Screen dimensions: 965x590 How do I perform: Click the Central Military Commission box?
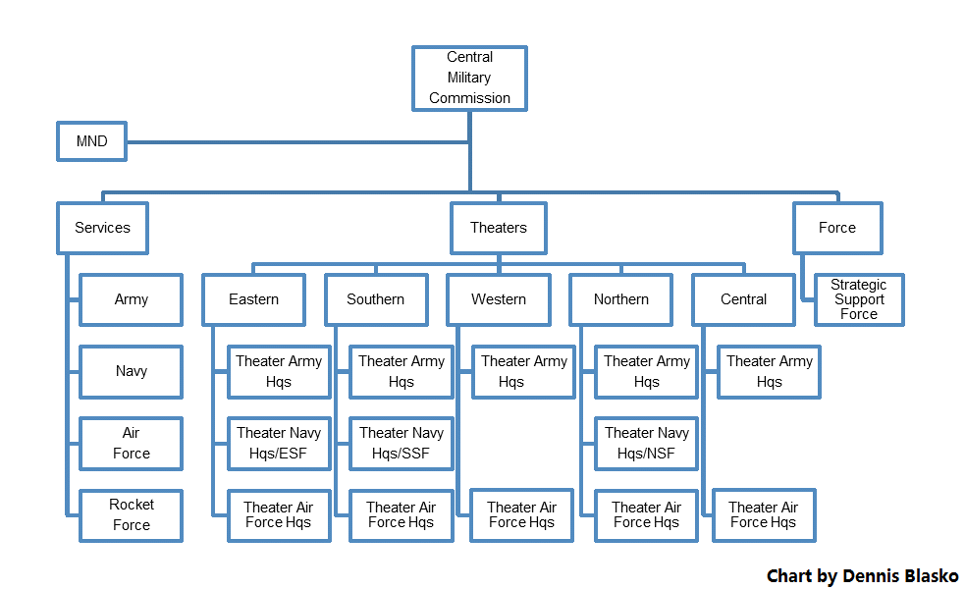point(469,79)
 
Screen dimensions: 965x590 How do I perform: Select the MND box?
point(91,141)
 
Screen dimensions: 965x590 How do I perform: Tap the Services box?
point(103,228)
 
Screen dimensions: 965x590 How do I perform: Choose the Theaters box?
point(499,228)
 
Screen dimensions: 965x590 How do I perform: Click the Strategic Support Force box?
point(859,299)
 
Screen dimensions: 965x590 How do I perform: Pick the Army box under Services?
point(132,299)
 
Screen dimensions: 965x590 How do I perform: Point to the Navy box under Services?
point(132,372)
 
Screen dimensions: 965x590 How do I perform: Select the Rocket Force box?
point(132,515)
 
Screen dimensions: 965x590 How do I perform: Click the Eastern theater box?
point(253,299)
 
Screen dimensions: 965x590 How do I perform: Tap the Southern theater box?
point(376,299)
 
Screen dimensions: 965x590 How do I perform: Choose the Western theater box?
point(499,299)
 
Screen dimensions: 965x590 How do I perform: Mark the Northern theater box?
point(621,299)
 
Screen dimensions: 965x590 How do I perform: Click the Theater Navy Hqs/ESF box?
point(279,444)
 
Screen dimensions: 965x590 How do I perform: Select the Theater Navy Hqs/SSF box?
point(402,444)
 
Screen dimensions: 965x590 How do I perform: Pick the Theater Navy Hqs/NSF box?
point(646,444)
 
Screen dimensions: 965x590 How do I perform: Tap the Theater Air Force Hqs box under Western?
point(522,515)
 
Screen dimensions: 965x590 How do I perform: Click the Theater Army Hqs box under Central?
point(770,372)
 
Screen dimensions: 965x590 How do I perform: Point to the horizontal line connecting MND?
point(297,142)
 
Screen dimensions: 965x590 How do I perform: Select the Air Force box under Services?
point(132,444)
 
